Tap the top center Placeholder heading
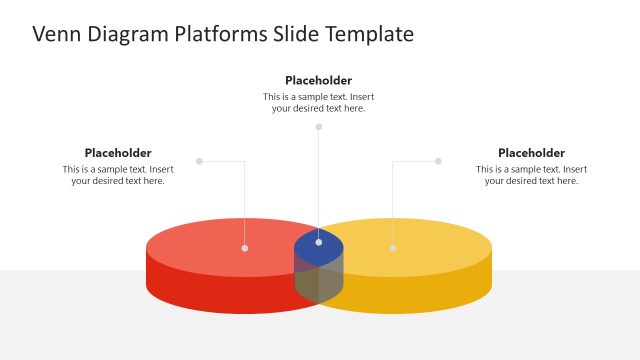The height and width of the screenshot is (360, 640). (x=318, y=80)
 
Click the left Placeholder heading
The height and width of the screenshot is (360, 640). (x=118, y=153)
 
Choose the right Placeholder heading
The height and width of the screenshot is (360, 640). (x=531, y=153)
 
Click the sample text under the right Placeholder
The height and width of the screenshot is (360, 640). (x=531, y=175)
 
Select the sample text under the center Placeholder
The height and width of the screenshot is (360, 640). (x=318, y=102)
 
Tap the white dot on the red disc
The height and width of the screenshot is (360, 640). (x=245, y=248)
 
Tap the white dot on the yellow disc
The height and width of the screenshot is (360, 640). (x=392, y=248)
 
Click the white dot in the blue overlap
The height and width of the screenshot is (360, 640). (x=319, y=242)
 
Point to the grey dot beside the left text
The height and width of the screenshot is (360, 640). (x=199, y=161)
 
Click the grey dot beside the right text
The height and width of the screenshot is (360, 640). (x=438, y=161)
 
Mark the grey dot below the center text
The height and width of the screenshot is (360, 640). (x=319, y=127)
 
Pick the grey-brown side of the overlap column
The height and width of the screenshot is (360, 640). (x=319, y=283)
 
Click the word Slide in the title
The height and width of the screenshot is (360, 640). (x=298, y=34)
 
